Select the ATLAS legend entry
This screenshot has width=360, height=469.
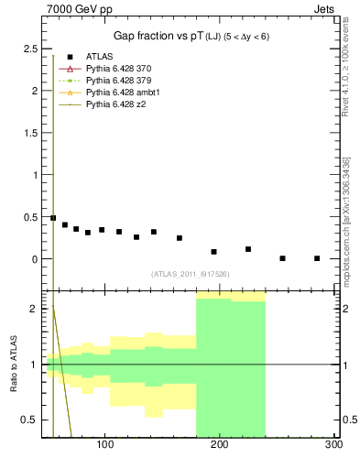[x=100, y=57]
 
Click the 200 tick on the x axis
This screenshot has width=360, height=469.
[x=219, y=445]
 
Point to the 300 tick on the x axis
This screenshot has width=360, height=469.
[x=333, y=445]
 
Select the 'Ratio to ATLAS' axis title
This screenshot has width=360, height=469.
[x=14, y=365]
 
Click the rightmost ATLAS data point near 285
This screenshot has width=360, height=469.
[x=317, y=258]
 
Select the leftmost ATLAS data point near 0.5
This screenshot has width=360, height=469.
[x=53, y=218]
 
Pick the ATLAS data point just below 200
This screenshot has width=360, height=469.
[x=213, y=251]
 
